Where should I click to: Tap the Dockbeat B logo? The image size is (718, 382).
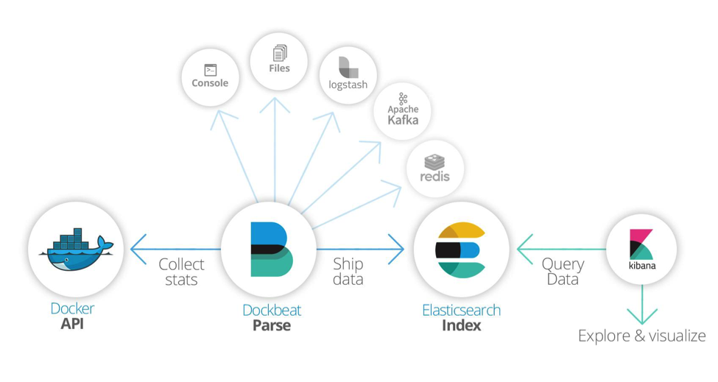click(270, 249)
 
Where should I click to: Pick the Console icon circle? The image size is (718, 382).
click(210, 77)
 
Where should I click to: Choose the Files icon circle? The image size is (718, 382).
click(279, 60)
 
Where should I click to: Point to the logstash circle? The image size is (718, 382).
click(348, 76)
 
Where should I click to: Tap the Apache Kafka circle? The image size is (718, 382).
click(403, 110)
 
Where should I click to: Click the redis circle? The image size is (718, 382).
click(434, 169)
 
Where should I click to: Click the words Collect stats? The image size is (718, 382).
click(181, 272)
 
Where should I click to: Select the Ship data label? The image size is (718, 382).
click(348, 272)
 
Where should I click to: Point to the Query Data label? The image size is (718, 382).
click(563, 272)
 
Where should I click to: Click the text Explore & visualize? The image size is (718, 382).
click(641, 336)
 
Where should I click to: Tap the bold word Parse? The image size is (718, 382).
click(271, 325)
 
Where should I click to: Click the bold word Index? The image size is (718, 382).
click(461, 325)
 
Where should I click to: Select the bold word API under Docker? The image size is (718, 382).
click(72, 324)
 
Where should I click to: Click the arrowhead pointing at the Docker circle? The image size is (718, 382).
click(137, 250)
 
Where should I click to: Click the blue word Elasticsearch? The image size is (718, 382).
click(461, 310)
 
